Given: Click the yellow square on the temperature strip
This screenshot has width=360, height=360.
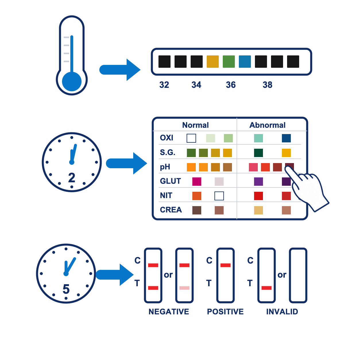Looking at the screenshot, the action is pyautogui.click(x=213, y=61).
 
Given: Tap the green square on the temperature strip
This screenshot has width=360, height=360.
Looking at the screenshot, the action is pyautogui.click(x=229, y=61).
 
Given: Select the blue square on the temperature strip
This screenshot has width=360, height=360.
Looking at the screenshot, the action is pyautogui.click(x=245, y=61).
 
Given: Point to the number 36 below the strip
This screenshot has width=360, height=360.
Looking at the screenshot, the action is pyautogui.click(x=231, y=85).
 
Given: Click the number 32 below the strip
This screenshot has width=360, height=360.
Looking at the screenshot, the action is pyautogui.click(x=164, y=85).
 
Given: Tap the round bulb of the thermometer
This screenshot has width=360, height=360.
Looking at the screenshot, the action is pyautogui.click(x=72, y=82).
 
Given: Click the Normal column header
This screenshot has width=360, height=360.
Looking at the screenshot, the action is pyautogui.click(x=196, y=125).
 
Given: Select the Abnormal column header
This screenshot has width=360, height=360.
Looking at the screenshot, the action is pyautogui.click(x=267, y=125).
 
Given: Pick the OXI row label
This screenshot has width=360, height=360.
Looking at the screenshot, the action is pyautogui.click(x=167, y=138).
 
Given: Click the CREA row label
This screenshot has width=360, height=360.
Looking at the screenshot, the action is pyautogui.click(x=171, y=210).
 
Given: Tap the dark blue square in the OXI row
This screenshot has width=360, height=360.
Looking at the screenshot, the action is pyautogui.click(x=286, y=138).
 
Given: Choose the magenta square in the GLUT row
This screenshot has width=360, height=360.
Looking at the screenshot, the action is pyautogui.click(x=197, y=181).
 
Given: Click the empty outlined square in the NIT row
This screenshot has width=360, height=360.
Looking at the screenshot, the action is pyautogui.click(x=219, y=196).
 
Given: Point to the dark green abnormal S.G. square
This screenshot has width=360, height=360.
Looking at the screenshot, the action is pyautogui.click(x=258, y=153).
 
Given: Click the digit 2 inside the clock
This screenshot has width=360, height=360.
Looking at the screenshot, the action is pyautogui.click(x=72, y=178).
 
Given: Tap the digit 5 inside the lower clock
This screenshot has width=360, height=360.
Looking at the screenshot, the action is pyautogui.click(x=66, y=289).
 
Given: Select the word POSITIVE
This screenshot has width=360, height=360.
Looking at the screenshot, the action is pyautogui.click(x=225, y=311).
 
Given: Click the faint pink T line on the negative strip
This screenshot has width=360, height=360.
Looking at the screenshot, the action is pyautogui.click(x=184, y=288).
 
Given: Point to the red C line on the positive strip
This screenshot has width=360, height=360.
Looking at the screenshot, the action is pyautogui.click(x=225, y=265).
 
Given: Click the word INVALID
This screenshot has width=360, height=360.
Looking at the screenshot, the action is pyautogui.click(x=282, y=311).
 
